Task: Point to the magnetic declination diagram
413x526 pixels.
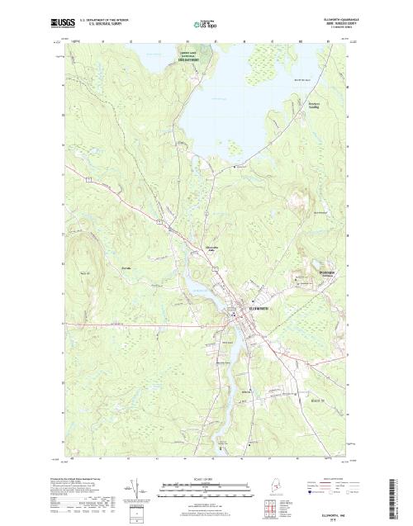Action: tap(137, 486)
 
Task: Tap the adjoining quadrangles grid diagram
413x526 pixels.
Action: tap(270, 504)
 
